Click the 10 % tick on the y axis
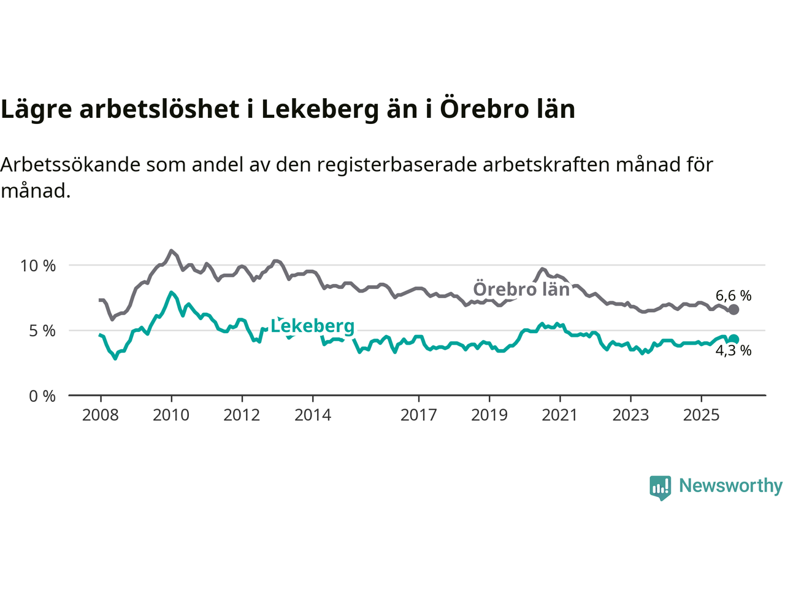tap(38, 266)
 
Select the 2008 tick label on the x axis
tap(101, 415)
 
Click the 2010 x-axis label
tap(171, 415)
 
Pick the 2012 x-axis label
tap(242, 415)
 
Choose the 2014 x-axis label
tap(313, 415)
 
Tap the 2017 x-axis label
tap(419, 415)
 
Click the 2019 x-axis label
tap(489, 415)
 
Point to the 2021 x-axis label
tap(560, 415)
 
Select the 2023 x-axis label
tap(630, 415)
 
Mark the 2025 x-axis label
tap(701, 415)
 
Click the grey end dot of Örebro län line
tap(733, 310)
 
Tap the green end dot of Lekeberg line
tap(733, 339)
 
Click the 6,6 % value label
tap(733, 296)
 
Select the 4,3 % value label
tap(733, 351)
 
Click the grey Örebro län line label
tap(521, 289)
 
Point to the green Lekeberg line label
tap(313, 326)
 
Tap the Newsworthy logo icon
tap(660, 487)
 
